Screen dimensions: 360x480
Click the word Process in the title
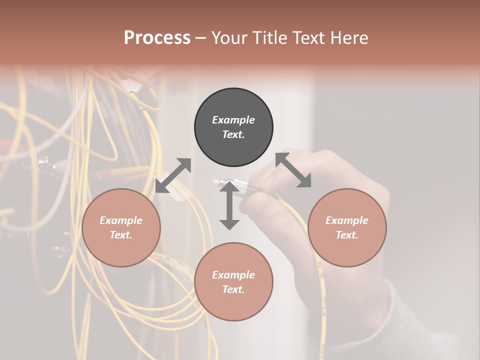point(157,38)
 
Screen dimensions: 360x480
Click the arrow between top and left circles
point(173,175)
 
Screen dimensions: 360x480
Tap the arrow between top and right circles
point(293,170)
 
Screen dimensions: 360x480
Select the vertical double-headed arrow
point(229,205)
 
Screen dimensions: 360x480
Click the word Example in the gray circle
point(233,120)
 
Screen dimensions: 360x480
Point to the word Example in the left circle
point(121,220)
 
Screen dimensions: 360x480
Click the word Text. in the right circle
point(347,235)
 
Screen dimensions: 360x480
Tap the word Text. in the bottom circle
point(233,289)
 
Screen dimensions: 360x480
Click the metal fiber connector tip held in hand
point(220,183)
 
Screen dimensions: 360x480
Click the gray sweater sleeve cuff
point(400,320)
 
